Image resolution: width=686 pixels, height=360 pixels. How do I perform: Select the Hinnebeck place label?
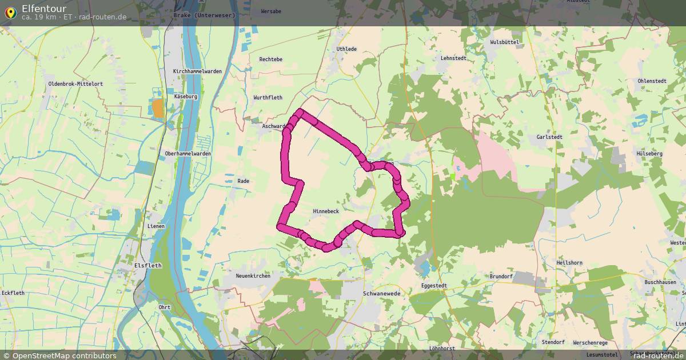326,211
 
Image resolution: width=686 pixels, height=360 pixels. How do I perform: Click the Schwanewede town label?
381,293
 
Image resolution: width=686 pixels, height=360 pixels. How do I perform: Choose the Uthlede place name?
346,49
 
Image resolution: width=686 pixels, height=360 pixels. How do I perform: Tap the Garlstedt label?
550,137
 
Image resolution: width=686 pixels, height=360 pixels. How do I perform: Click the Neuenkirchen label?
253,275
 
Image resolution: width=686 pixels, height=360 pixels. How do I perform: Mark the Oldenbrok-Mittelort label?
75,84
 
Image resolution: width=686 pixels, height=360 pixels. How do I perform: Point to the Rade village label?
243,181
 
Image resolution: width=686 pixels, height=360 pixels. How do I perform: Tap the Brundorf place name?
501,277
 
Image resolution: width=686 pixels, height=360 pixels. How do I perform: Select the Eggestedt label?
434,285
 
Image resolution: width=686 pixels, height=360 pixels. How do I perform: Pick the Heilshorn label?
569,263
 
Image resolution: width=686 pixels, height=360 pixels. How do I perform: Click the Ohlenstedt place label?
652,81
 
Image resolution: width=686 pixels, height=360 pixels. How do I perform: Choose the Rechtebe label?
270,59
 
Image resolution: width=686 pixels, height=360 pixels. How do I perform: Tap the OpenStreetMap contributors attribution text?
64,355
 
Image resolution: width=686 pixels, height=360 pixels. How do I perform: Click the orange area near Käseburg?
157,108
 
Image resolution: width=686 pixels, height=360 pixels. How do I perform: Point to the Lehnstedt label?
453,58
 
